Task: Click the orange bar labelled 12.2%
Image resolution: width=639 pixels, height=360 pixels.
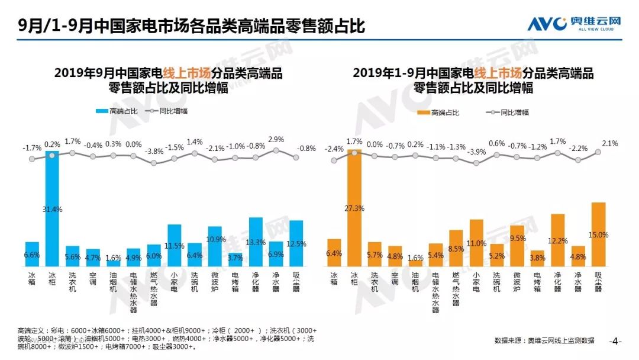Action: click(x=557, y=240)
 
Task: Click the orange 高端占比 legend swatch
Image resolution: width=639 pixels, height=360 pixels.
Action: click(x=423, y=112)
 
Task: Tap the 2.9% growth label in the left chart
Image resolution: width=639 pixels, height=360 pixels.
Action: click(x=276, y=139)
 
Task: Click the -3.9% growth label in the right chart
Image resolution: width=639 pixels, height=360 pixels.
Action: click(x=476, y=152)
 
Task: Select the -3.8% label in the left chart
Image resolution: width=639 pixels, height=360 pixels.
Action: click(x=154, y=151)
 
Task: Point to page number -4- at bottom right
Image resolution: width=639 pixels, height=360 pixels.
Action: click(x=616, y=341)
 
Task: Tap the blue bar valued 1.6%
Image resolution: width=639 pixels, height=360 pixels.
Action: click(x=113, y=263)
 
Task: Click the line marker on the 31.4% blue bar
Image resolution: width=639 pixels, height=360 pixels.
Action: click(x=52, y=155)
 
